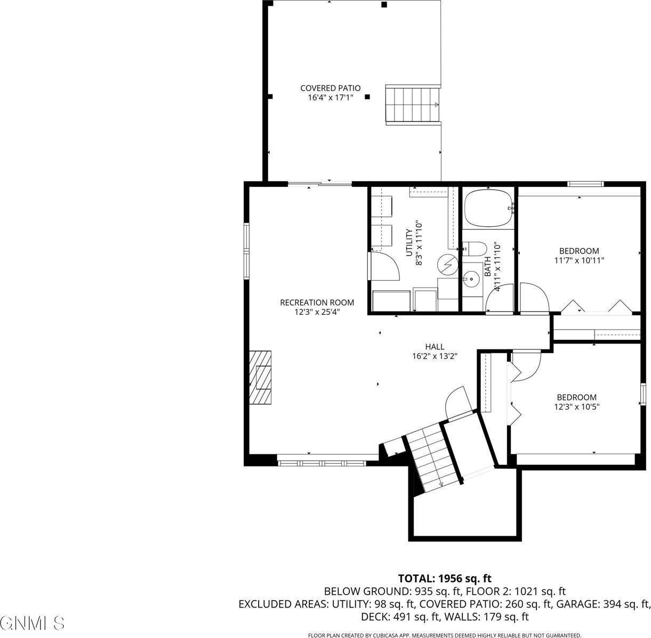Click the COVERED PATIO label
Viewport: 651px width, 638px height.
[x=330, y=88]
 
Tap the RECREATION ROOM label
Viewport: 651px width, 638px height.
[x=317, y=302]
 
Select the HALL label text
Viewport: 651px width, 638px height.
[x=435, y=347]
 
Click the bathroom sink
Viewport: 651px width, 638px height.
[x=471, y=277]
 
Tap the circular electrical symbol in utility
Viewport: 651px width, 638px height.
[x=447, y=264]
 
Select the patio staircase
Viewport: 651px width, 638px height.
[x=413, y=104]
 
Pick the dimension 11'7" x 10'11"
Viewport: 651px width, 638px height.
[x=578, y=260]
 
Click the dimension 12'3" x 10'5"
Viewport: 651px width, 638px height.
[x=576, y=407]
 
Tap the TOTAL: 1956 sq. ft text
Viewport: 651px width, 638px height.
[x=445, y=578]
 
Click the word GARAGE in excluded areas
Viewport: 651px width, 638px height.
[x=578, y=604]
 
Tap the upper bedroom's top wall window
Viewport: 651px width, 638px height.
[x=585, y=184]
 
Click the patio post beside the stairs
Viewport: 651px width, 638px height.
[x=367, y=97]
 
